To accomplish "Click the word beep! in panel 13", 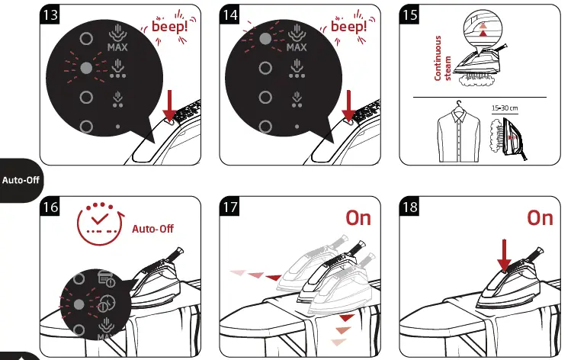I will pos(174,29).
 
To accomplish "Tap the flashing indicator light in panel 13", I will pos(86,68).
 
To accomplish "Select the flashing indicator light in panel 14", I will pos(265,38).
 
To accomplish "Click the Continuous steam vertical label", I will pos(443,58).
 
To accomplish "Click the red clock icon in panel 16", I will pos(99,221).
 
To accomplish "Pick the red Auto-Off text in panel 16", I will pos(153,228).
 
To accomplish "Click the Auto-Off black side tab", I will pos(20,182).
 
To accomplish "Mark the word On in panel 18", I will pos(539,218).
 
